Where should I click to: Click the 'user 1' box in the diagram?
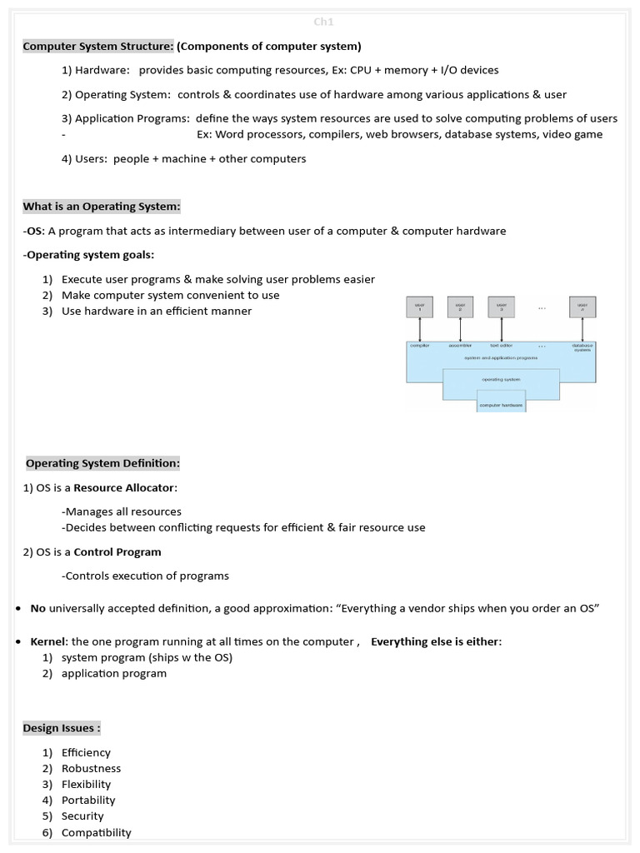click(419, 307)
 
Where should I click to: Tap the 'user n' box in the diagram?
click(582, 307)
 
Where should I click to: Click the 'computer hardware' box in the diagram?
click(501, 405)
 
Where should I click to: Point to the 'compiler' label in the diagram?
click(419, 345)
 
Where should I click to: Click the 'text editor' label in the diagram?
click(501, 345)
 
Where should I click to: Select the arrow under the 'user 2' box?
click(460, 329)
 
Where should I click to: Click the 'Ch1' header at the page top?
click(322, 22)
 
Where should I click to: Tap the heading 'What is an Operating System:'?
click(102, 207)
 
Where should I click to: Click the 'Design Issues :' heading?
click(62, 728)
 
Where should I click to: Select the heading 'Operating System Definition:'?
click(102, 463)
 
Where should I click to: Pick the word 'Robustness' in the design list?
click(91, 768)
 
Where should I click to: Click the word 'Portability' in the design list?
click(88, 800)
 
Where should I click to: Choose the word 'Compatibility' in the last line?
click(96, 832)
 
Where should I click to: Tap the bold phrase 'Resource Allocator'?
click(125, 487)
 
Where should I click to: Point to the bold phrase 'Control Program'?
click(117, 551)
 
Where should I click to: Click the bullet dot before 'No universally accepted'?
click(17, 609)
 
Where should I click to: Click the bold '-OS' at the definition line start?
click(32, 231)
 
